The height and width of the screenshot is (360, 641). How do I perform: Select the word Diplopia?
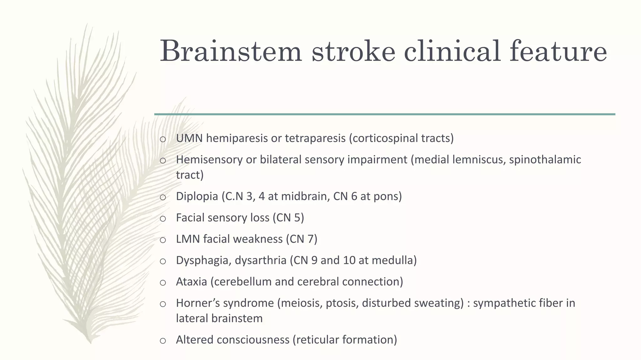(197, 196)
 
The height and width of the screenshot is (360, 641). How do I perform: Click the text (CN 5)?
(288, 217)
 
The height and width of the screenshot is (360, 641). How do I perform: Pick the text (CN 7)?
(301, 239)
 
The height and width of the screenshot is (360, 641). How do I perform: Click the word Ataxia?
(192, 282)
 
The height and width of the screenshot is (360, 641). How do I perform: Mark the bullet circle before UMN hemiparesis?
(163, 139)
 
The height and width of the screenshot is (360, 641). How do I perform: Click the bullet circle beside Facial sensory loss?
(163, 219)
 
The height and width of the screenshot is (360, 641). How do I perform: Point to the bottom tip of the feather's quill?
(91, 343)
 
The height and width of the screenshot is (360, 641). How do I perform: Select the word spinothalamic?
(545, 160)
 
